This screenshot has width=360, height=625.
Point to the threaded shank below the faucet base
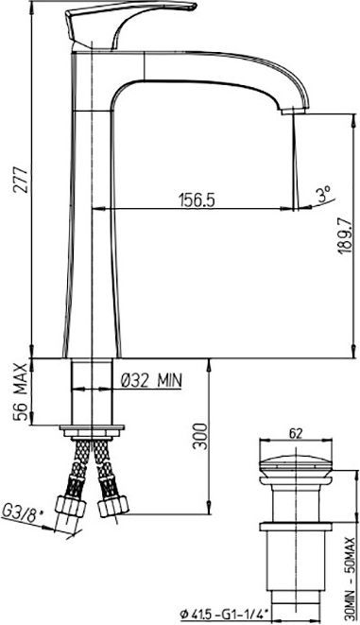[92, 392]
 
